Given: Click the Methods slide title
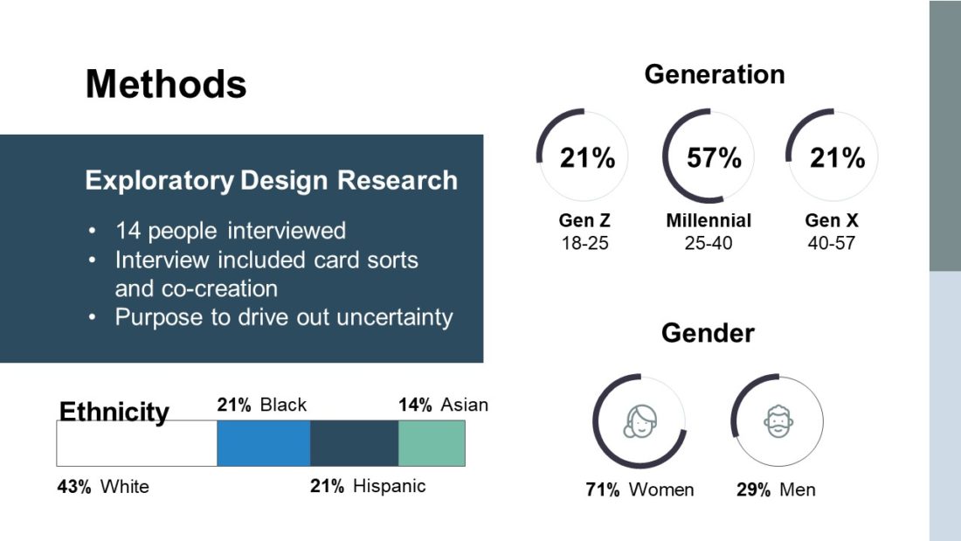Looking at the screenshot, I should [x=166, y=85].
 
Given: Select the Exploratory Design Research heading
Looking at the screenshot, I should [x=271, y=181].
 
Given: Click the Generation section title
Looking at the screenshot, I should [x=715, y=75].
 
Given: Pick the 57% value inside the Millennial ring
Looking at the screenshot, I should [x=714, y=158].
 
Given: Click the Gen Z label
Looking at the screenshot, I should [x=584, y=221].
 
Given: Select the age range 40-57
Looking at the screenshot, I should [x=831, y=243].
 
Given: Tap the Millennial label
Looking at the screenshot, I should [x=709, y=221].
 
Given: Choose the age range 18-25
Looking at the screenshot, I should [x=584, y=243].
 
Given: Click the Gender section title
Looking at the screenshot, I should [x=708, y=333].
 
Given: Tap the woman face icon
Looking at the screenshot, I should [x=640, y=422].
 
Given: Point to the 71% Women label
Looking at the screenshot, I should [x=640, y=489].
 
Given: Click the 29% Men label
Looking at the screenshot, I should [x=776, y=489].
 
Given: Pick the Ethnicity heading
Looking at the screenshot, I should [x=114, y=412].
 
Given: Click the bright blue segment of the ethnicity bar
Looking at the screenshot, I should [x=263, y=443].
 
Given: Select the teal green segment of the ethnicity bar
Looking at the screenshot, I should [x=432, y=443].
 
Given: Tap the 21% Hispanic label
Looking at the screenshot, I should [x=368, y=487].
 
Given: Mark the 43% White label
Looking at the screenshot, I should [x=103, y=487].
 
